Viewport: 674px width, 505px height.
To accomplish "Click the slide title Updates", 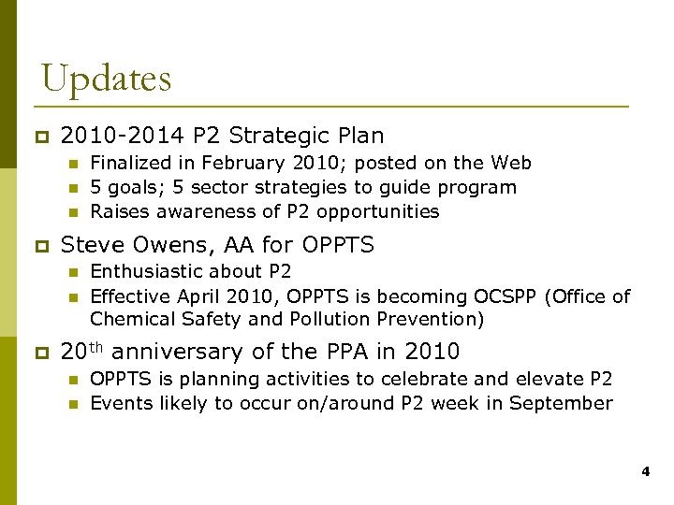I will click(x=106, y=78).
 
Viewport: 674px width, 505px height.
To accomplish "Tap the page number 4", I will click(x=645, y=473).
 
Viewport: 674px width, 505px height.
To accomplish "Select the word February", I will click(x=242, y=163).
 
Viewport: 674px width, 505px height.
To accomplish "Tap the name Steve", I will click(x=90, y=245).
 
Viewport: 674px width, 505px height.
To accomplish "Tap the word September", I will click(x=565, y=403).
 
